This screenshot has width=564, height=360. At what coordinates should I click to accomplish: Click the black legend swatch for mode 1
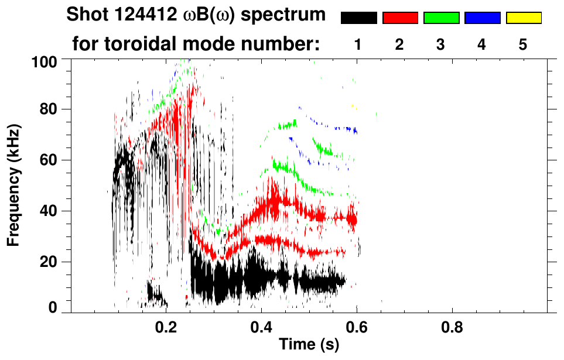pyautogui.click(x=358, y=18)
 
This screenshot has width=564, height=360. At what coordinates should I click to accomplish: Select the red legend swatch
pyautogui.click(x=400, y=18)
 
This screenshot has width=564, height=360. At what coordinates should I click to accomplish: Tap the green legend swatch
pyautogui.click(x=441, y=18)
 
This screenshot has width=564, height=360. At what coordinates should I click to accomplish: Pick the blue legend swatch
pyautogui.click(x=482, y=18)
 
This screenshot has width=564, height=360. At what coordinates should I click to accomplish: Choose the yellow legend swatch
pyautogui.click(x=524, y=18)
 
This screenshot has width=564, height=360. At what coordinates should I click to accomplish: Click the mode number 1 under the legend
pyautogui.click(x=358, y=45)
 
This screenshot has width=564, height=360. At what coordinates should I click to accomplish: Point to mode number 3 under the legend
pyautogui.click(x=441, y=45)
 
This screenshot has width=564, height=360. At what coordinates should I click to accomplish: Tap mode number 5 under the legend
pyautogui.click(x=524, y=45)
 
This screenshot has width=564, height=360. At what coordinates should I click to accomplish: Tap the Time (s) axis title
pyautogui.click(x=309, y=345)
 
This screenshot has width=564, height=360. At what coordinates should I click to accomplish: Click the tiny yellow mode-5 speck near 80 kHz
pyautogui.click(x=353, y=106)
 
